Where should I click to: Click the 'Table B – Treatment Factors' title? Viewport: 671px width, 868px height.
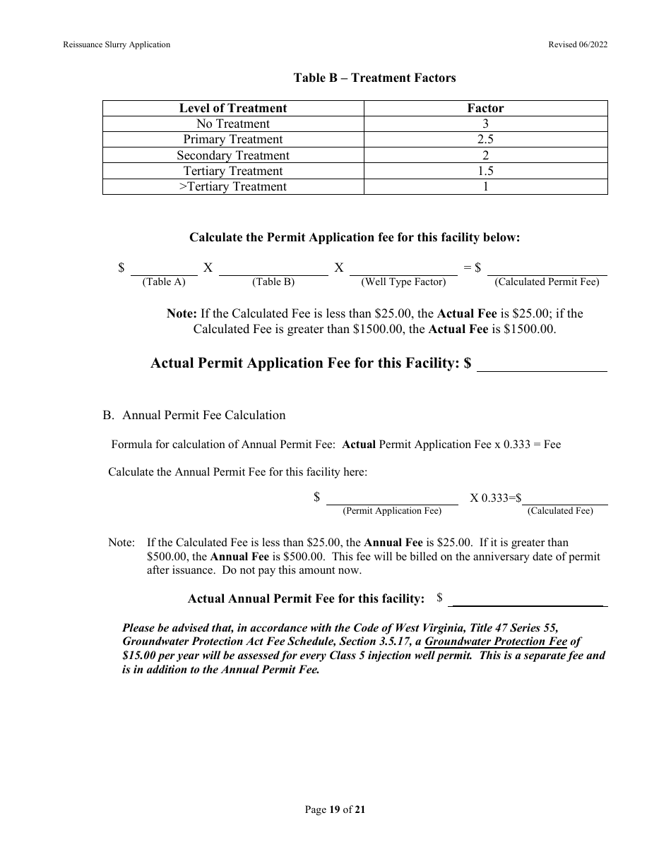click(374, 78)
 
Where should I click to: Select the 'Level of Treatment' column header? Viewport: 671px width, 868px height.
click(233, 108)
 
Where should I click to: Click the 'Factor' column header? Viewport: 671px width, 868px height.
click(485, 108)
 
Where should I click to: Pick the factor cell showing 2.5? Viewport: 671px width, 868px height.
click(485, 139)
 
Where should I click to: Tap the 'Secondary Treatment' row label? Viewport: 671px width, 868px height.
click(233, 155)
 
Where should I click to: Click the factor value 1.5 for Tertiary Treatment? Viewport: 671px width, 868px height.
click(485, 171)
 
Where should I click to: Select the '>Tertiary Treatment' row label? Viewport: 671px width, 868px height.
click(233, 186)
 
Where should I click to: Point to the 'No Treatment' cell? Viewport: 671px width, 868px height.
click(233, 123)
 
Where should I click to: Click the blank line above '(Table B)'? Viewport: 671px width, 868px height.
click(273, 269)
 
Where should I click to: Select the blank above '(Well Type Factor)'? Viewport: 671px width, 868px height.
click(403, 269)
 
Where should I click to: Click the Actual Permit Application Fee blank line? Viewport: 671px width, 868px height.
click(542, 365)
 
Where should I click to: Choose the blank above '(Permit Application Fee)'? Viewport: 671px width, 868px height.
click(392, 498)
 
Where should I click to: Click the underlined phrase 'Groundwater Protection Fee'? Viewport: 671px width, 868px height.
click(496, 641)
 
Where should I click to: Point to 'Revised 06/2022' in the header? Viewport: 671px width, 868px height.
click(578, 44)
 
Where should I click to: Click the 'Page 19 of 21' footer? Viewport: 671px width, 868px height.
click(335, 809)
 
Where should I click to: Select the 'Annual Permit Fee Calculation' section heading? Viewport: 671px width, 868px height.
click(203, 415)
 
